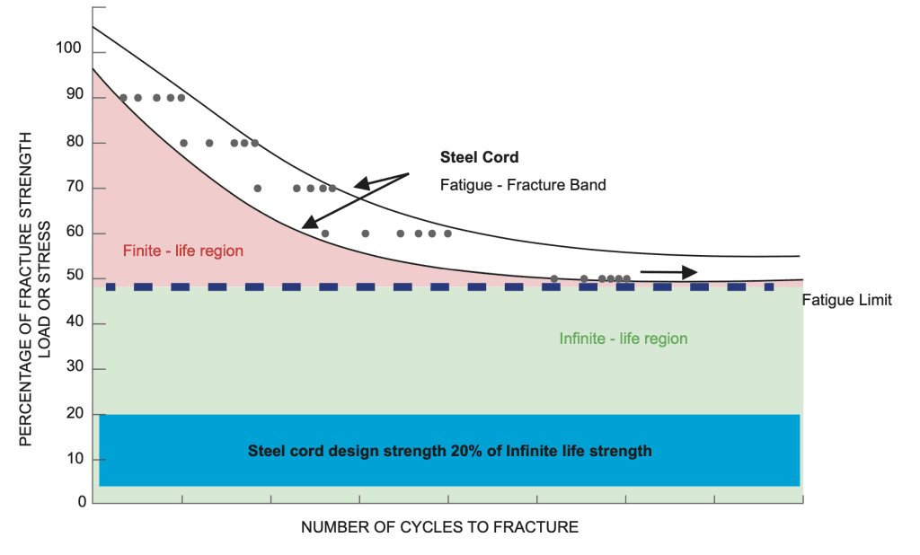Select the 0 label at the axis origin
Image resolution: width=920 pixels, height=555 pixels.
pos(82,502)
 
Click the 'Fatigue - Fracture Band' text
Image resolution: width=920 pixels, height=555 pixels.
pos(523,185)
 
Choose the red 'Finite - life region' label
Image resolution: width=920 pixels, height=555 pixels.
pos(183,251)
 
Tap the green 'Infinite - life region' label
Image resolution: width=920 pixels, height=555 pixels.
pos(624,339)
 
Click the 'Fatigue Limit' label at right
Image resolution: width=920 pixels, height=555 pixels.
pos(847,300)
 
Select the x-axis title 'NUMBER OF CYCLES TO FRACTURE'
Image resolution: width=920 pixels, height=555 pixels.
pos(439,527)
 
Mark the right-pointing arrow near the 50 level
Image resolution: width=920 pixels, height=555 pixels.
pos(668,270)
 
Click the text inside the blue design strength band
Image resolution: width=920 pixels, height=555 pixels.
pos(449,451)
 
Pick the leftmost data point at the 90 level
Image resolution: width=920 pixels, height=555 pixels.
pos(123,98)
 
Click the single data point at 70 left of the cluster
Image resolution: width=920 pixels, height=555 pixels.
pos(258,189)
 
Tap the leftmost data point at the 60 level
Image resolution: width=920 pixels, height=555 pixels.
pos(325,233)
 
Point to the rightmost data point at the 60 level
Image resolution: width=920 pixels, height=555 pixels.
pos(447,233)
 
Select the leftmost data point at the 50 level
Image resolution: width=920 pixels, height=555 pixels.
pos(554,279)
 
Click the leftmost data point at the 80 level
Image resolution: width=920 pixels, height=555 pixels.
pos(183,143)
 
